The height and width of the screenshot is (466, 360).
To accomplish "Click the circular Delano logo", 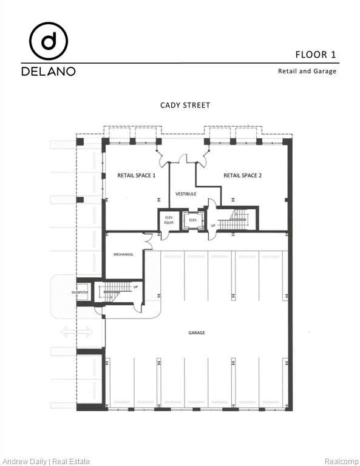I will (49, 41).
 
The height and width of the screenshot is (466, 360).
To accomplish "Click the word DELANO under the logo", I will (49, 71).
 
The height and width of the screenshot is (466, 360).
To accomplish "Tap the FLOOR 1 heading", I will (316, 55).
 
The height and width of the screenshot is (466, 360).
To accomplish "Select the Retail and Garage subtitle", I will (307, 71).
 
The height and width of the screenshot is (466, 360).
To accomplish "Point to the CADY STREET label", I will (185, 105).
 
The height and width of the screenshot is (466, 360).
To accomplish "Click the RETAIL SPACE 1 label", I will (137, 175).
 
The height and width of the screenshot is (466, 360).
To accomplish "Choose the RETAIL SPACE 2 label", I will (243, 175).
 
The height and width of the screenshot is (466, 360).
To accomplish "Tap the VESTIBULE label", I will (186, 194).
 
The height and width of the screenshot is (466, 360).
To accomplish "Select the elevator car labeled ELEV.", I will (193, 220).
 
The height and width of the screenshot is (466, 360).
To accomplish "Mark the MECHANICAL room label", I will (123, 254).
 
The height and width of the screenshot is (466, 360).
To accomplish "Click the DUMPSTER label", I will (80, 293).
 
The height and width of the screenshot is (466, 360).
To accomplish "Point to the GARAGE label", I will (196, 333).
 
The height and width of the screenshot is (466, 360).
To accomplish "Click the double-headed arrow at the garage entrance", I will (76, 331).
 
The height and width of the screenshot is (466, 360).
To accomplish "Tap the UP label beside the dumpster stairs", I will (135, 287).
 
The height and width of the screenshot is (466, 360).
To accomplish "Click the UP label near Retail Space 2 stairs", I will (213, 225).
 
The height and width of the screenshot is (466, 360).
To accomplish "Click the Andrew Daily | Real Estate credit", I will (46, 461).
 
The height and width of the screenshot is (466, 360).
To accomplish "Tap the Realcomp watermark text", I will (341, 461).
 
